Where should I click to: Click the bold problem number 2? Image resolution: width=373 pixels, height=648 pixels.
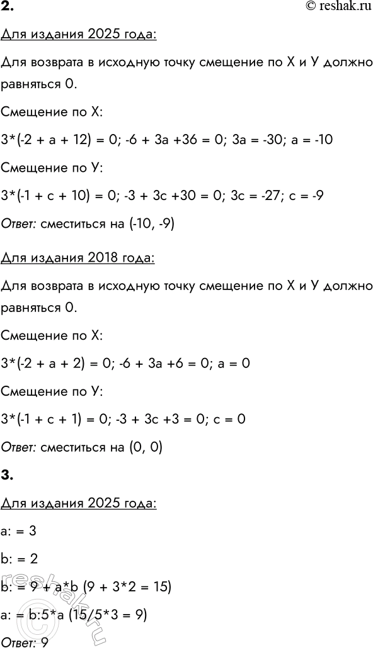[8, 8]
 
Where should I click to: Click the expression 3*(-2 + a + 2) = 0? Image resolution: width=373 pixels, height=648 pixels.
[50, 364]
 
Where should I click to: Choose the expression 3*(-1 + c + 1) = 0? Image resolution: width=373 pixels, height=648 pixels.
[49, 420]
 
